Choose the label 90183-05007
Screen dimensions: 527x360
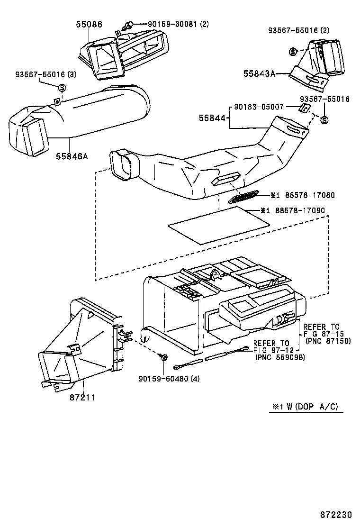pos(258,107)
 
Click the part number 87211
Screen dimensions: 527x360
pos(82,397)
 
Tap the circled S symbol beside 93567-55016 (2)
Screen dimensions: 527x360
pos(293,51)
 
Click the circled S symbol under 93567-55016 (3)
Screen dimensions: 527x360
pos(61,88)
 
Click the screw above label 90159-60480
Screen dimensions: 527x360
pos(163,356)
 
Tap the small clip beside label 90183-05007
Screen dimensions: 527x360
pos(305,109)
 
